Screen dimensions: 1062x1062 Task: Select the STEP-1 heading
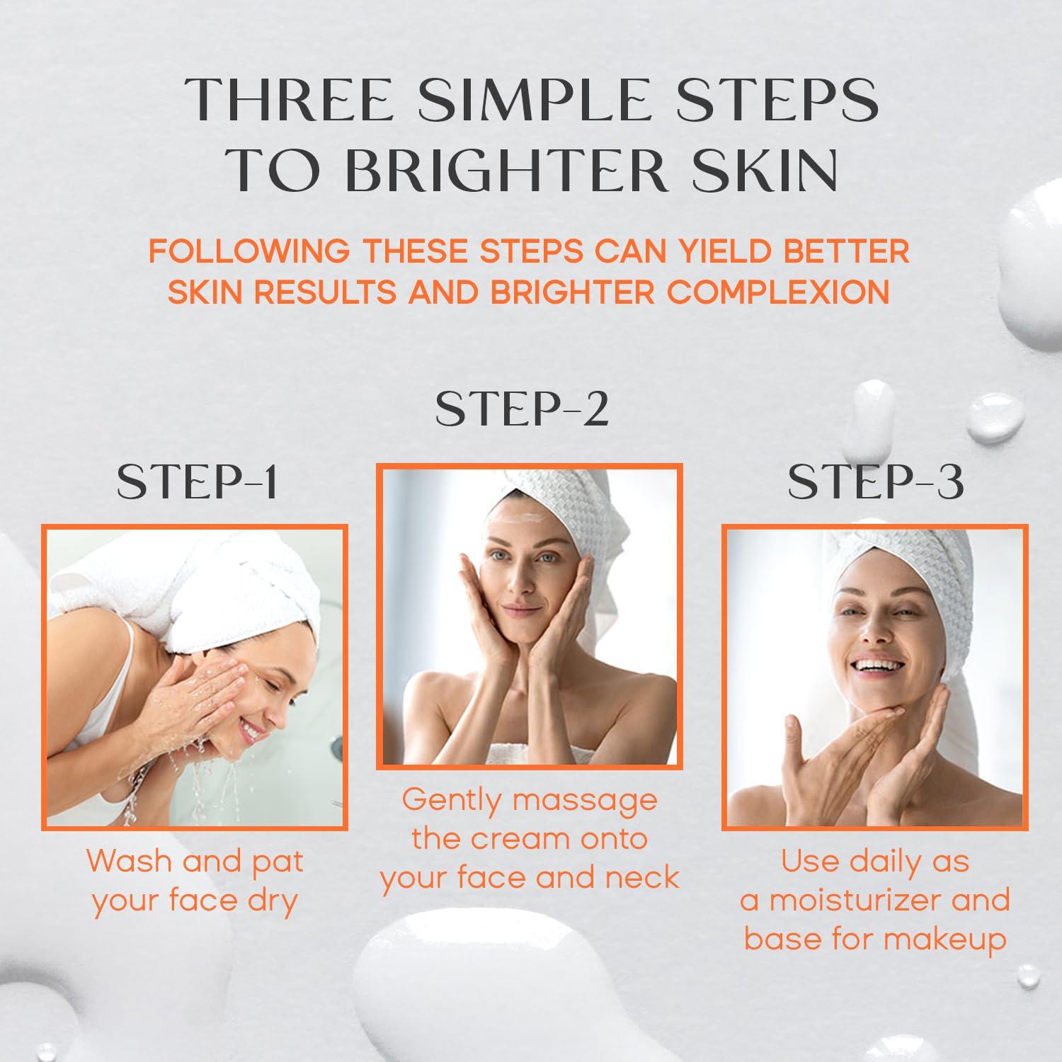[198, 483]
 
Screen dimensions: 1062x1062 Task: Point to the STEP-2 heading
[522, 409]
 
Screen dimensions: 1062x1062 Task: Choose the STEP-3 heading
[875, 483]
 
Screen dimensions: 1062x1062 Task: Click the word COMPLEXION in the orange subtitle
[778, 292]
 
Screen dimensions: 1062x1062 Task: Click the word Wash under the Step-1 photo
[129, 862]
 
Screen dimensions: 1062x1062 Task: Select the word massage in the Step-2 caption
[585, 800]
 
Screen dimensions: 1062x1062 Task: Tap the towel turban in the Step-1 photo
[212, 588]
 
